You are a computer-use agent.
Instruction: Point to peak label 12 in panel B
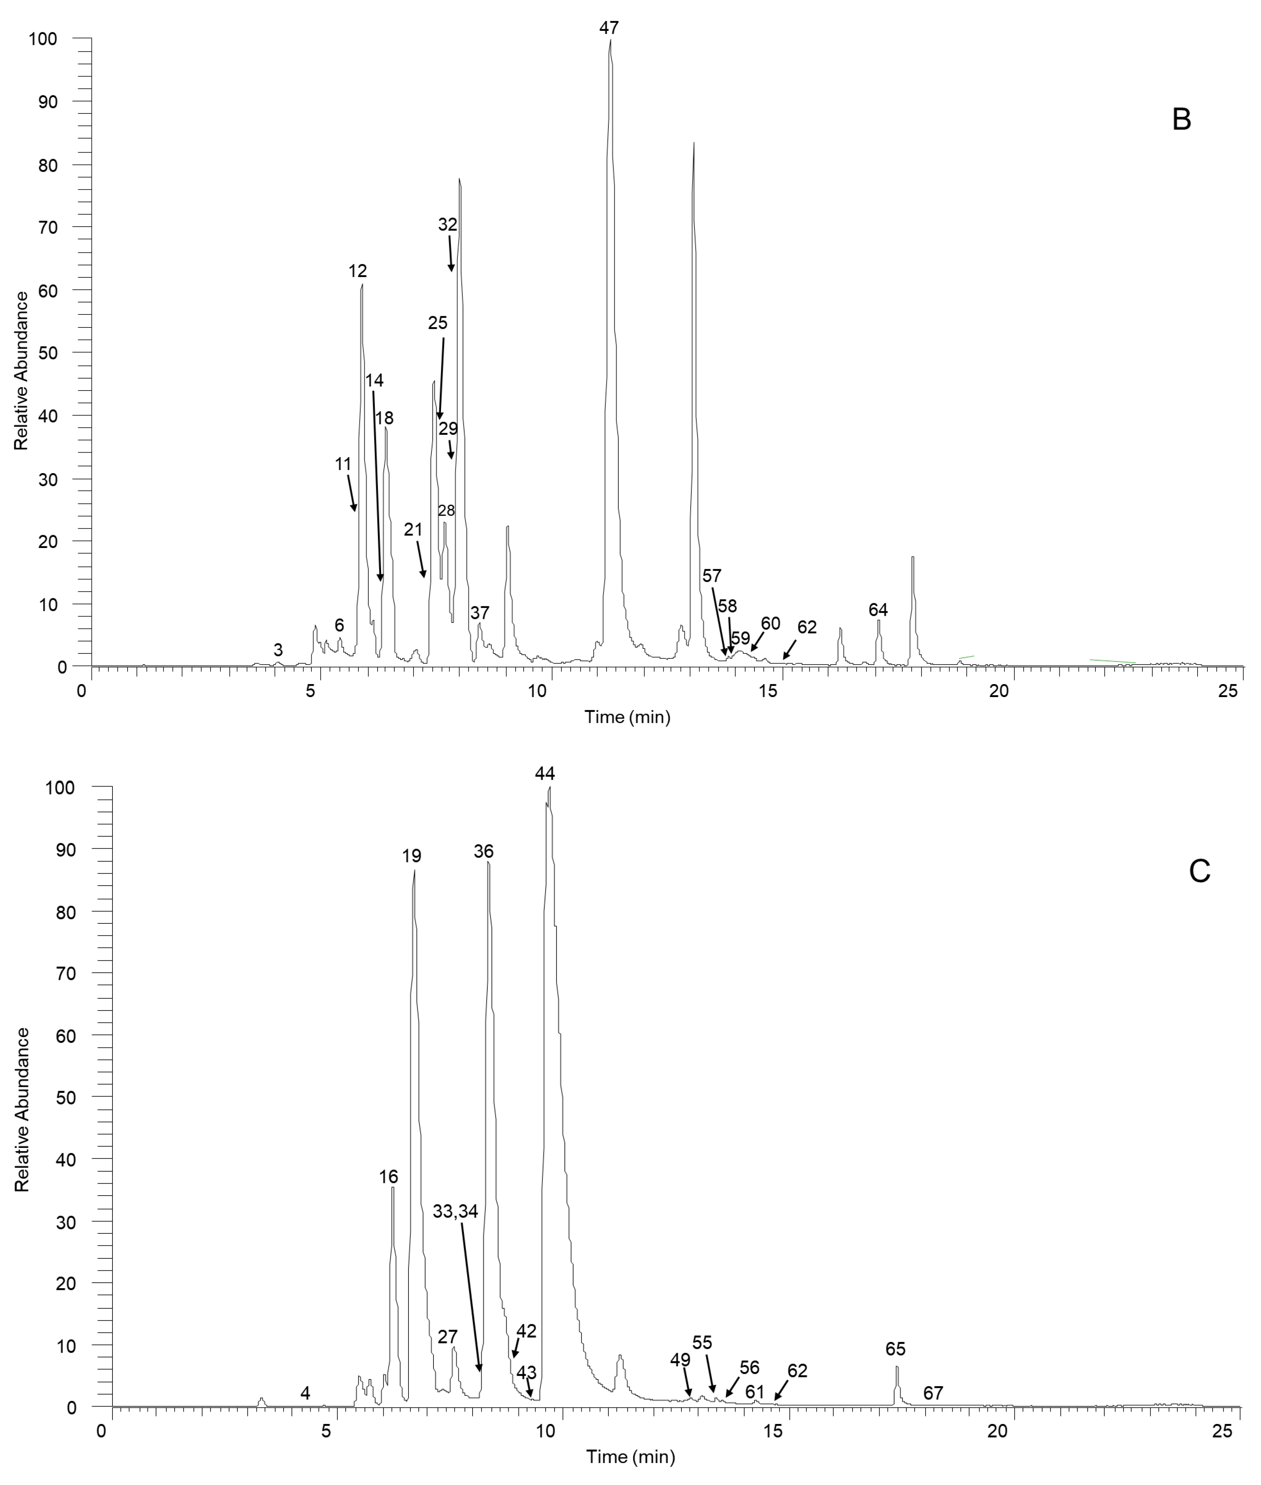pyautogui.click(x=357, y=271)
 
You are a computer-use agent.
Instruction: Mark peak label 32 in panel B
pyautogui.click(x=448, y=224)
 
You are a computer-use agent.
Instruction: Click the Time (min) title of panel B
pyautogui.click(x=627, y=717)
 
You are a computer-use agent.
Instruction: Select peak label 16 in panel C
pyautogui.click(x=388, y=1176)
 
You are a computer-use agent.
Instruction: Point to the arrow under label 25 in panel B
pyautogui.click(x=441, y=379)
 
